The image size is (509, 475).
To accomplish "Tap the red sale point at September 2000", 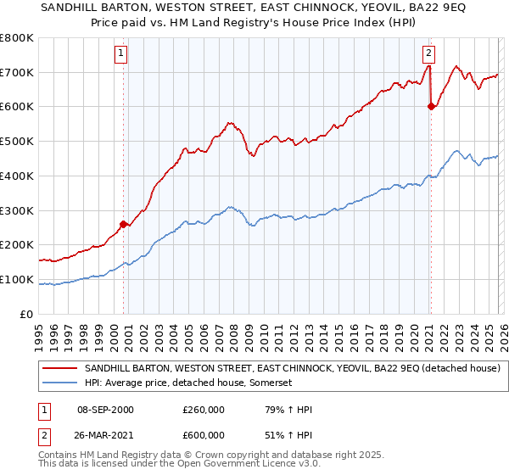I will click(x=124, y=224).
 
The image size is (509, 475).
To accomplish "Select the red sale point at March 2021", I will click(x=431, y=106).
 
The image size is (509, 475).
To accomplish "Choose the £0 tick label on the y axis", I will click(x=27, y=314).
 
